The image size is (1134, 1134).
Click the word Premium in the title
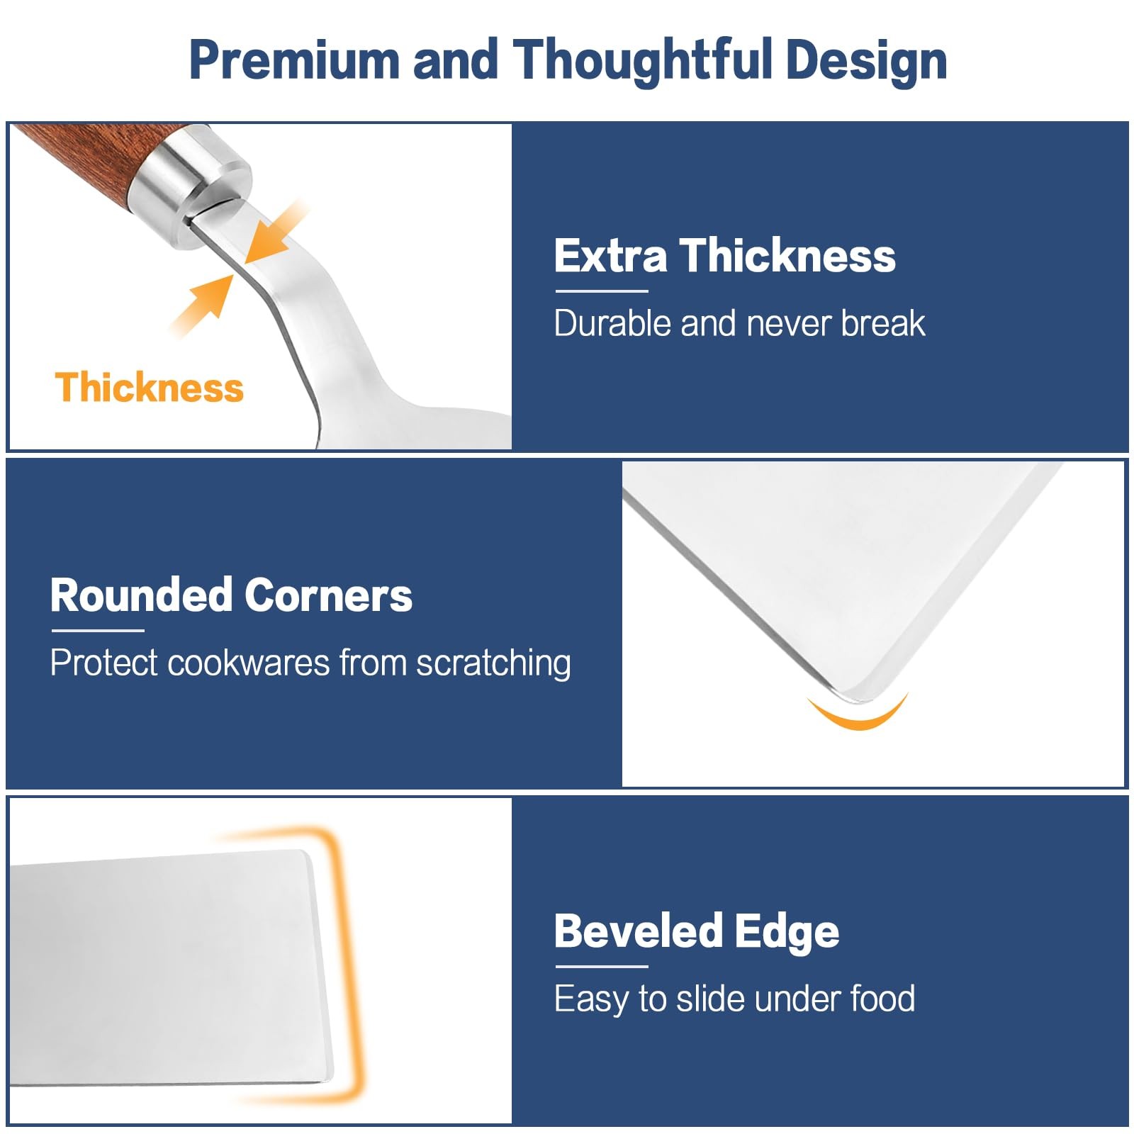(x=295, y=60)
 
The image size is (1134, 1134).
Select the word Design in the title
(x=866, y=61)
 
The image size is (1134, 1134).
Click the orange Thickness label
(x=150, y=388)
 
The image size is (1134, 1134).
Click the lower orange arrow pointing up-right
(x=203, y=305)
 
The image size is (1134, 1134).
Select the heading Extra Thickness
(x=725, y=256)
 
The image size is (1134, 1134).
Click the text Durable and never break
(x=739, y=323)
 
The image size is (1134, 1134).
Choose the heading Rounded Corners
(x=231, y=595)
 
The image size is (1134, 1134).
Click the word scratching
(x=493, y=664)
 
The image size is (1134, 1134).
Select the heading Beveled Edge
(x=697, y=931)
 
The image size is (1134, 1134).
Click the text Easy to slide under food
(x=734, y=999)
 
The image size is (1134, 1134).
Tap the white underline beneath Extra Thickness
(x=602, y=291)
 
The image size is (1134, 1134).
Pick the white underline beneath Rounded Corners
(x=98, y=630)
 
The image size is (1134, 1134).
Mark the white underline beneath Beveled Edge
(x=602, y=966)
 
